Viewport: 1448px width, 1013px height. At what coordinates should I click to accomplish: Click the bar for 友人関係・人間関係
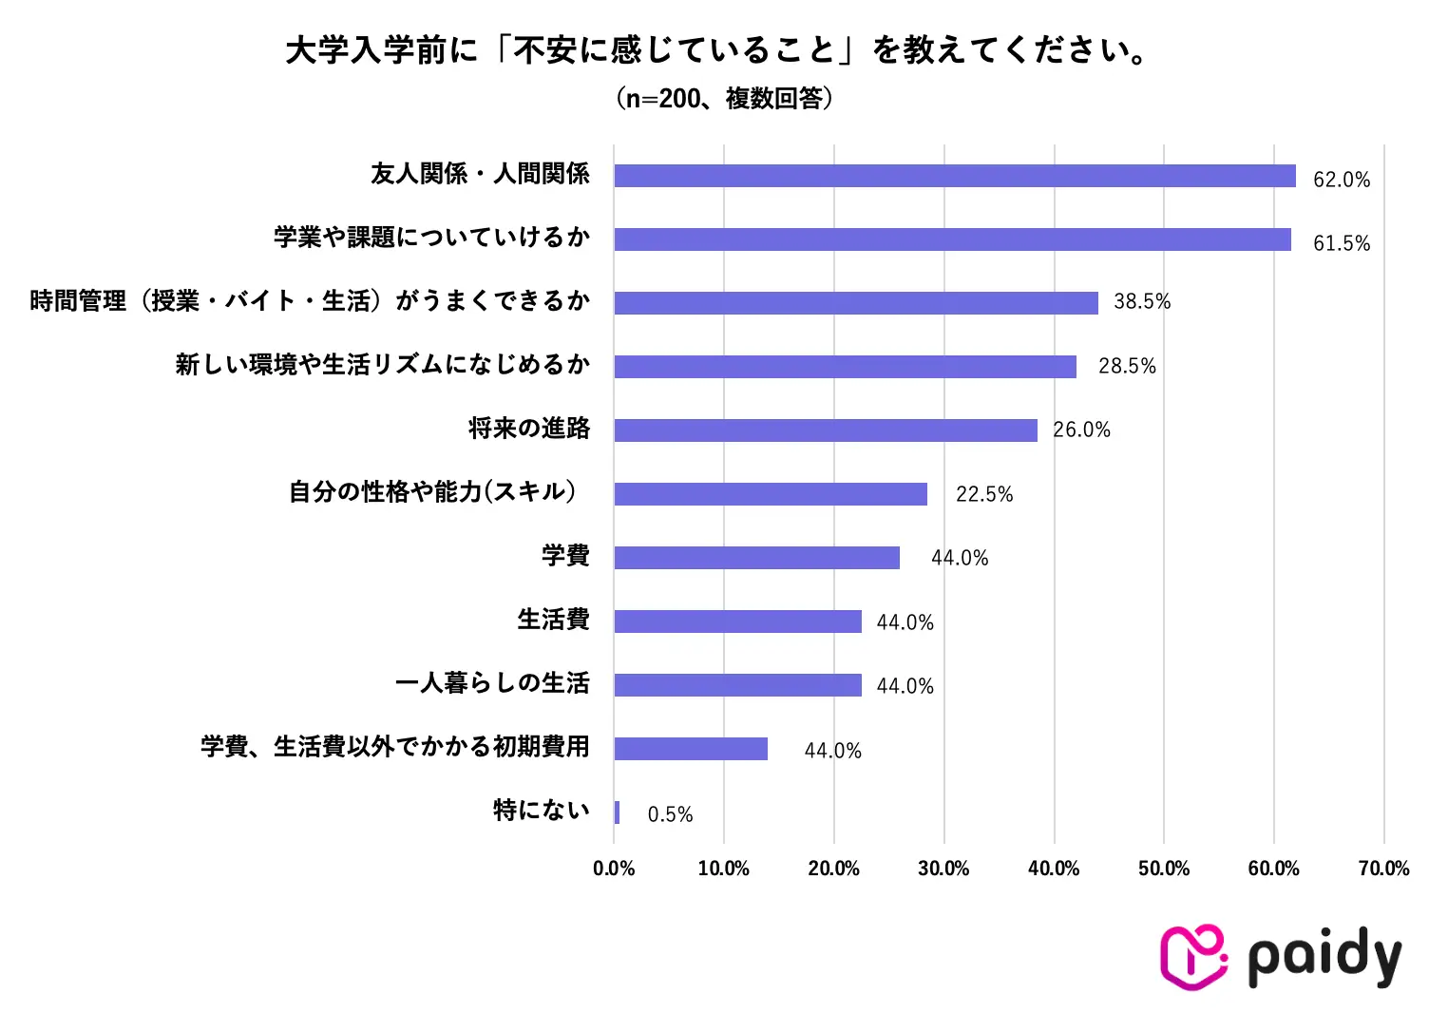point(954,176)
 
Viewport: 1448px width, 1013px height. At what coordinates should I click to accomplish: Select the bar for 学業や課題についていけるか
point(952,239)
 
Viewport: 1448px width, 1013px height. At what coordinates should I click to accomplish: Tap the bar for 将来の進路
point(826,430)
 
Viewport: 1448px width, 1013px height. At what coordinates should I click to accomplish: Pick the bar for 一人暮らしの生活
point(737,685)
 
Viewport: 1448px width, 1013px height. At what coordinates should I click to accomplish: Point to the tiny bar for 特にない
point(617,812)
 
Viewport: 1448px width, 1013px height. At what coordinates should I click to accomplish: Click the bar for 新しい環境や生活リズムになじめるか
point(845,367)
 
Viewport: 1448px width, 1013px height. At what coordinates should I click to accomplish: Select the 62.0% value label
point(1341,180)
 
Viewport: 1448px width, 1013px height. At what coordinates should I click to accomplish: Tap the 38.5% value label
point(1142,302)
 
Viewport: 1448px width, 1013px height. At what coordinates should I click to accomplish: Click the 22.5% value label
point(984,494)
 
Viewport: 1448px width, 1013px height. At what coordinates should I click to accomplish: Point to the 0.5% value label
point(670,814)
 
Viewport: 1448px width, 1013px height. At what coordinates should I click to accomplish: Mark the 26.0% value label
point(1081,430)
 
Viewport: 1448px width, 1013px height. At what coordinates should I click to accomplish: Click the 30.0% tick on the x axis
point(943,869)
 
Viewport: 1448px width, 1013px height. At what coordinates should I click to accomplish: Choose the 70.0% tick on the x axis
point(1383,869)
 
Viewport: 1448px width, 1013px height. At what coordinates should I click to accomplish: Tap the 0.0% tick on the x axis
point(614,869)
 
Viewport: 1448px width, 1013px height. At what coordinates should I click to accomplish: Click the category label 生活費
point(553,620)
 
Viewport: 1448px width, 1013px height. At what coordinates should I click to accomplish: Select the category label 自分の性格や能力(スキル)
point(432,492)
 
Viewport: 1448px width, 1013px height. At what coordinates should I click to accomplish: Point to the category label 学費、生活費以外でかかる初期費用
point(394,747)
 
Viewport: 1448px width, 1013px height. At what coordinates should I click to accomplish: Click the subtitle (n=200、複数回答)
point(724,98)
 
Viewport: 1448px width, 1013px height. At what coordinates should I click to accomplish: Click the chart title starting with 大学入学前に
point(718,50)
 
